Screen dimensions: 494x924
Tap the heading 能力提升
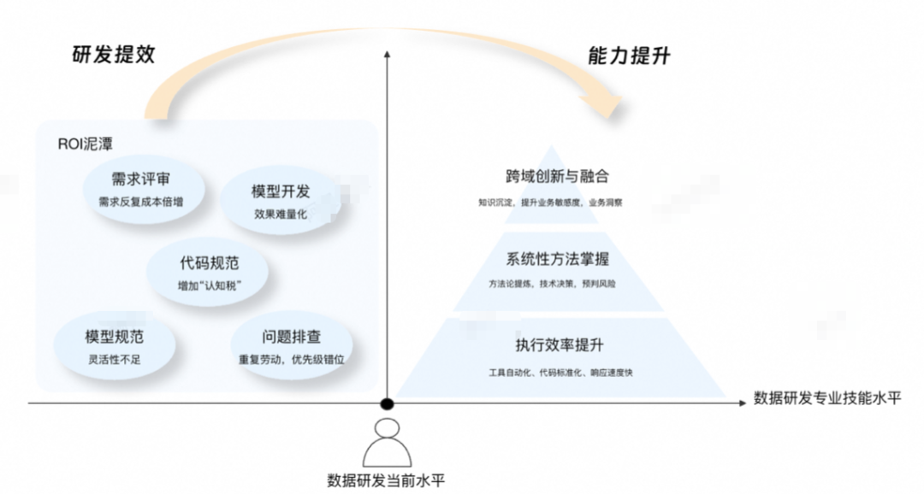629,56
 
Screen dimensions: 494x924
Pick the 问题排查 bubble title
292,338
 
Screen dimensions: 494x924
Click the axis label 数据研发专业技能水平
826,398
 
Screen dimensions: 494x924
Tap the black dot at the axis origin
388,403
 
